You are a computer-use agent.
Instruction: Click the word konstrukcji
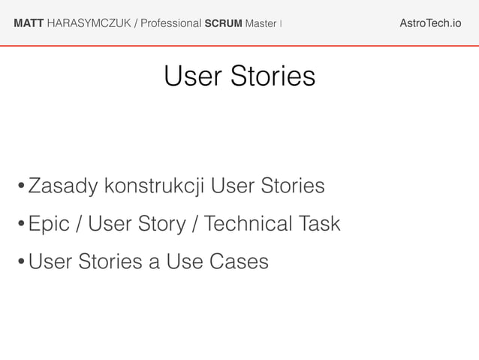(155, 186)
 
